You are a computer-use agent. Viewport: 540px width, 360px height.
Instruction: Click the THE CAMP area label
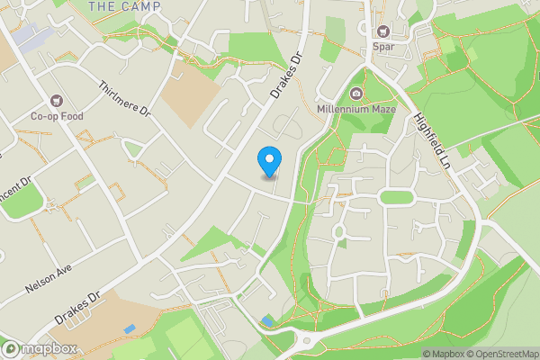coord(125,6)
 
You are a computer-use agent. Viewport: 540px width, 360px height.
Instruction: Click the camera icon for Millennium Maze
coord(356,94)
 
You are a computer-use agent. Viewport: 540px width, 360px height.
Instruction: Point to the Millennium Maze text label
coord(356,110)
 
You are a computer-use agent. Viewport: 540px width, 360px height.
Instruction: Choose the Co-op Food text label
coord(58,115)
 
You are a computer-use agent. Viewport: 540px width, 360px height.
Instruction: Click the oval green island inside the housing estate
coord(396,197)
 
